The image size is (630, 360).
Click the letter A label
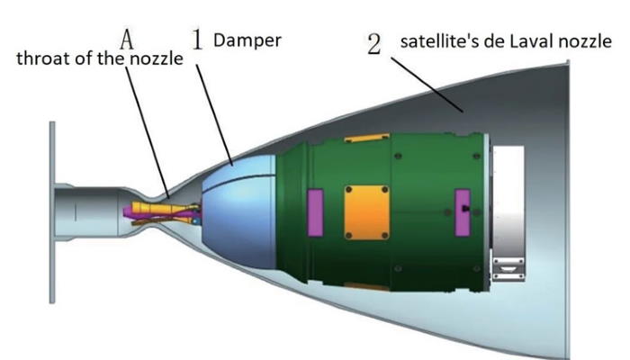127,40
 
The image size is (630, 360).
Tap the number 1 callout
197,40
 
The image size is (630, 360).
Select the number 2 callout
374,44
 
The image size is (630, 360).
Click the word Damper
247,40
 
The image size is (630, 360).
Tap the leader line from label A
147,131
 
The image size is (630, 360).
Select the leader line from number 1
214,114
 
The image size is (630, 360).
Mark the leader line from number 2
427,85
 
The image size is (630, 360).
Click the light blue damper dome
239,213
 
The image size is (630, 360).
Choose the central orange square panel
366,212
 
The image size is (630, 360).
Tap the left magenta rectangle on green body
315,212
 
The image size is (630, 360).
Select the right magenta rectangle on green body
462,212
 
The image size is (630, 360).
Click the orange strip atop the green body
367,138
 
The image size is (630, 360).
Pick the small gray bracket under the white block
508,269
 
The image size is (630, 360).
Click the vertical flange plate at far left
52,212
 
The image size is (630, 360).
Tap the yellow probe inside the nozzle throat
165,209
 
